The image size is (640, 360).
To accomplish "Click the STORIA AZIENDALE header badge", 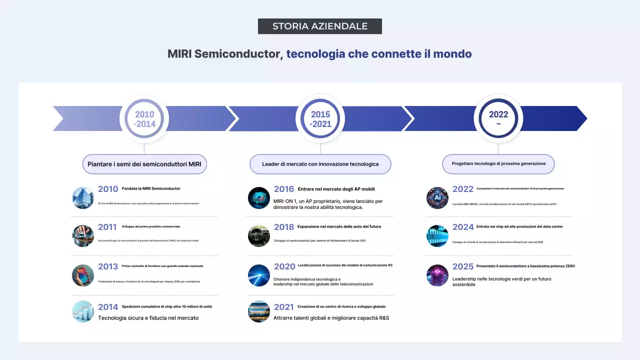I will click(x=320, y=26).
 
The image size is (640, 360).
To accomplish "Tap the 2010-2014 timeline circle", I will click(x=144, y=119).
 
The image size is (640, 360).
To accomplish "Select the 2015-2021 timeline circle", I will click(x=320, y=119).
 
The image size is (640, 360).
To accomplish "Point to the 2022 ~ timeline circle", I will click(x=498, y=119).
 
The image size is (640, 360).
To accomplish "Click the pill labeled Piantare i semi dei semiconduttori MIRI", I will click(x=144, y=164).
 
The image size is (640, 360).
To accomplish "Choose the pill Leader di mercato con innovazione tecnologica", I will click(x=320, y=164).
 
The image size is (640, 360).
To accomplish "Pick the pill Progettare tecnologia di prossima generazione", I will click(x=498, y=163).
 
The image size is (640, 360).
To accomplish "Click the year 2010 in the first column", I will click(x=108, y=189).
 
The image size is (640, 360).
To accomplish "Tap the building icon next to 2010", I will click(x=83, y=198).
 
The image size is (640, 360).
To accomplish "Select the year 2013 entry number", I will click(x=108, y=266).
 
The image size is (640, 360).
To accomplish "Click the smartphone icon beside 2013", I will click(x=83, y=275).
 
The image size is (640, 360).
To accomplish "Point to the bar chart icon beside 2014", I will click(x=83, y=311).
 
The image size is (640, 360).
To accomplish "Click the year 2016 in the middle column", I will click(x=284, y=189).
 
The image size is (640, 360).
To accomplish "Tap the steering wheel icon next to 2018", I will click(x=259, y=236).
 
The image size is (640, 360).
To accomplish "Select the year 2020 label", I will click(x=284, y=266).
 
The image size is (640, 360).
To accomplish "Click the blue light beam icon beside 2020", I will click(x=259, y=275).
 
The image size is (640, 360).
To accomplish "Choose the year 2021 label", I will click(x=284, y=307).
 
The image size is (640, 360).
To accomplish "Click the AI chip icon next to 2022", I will click(x=437, y=198).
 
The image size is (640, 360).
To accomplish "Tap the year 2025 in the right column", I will click(x=463, y=266).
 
